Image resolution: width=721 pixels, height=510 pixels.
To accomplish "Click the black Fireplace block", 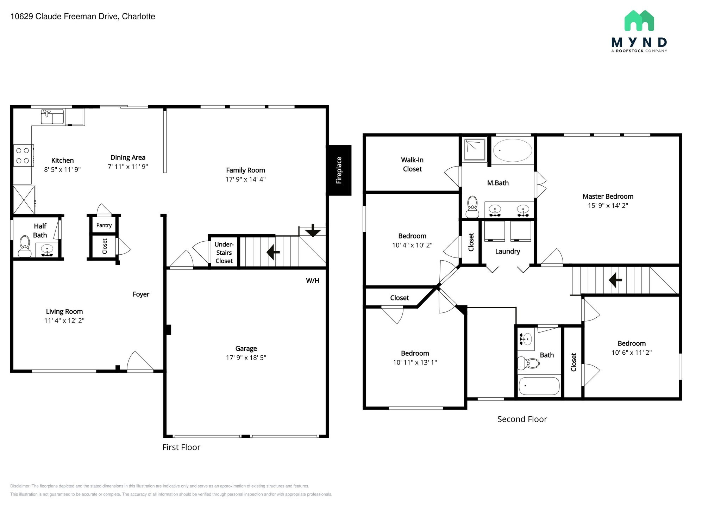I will (339, 170).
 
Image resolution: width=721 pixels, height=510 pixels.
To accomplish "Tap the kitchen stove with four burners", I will (23, 155).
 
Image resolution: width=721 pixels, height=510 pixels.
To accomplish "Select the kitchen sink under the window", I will (52, 117).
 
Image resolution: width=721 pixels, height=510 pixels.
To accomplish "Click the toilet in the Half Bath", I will (25, 245).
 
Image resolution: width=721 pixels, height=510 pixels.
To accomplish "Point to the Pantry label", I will (104, 225).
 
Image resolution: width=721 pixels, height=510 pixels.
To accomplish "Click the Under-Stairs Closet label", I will (224, 253).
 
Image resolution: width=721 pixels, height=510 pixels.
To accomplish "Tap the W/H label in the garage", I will (312, 280).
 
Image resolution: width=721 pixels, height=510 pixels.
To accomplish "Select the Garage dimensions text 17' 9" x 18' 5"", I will (246, 357).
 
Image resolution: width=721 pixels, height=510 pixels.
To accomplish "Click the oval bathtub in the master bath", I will (512, 150).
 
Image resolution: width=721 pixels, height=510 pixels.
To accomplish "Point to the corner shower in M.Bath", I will (475, 150).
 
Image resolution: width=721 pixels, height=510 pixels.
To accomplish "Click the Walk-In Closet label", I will (412, 164).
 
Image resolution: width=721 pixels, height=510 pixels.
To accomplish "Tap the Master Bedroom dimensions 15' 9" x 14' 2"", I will (608, 205).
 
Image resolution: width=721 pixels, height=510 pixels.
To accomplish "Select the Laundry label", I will (507, 251).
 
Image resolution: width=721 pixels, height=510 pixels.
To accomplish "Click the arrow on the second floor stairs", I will (615, 280).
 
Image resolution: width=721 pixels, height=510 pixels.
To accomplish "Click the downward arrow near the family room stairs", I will (313, 231).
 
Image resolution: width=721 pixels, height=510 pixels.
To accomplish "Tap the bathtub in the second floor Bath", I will (539, 386).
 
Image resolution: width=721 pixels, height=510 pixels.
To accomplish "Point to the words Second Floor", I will (522, 419).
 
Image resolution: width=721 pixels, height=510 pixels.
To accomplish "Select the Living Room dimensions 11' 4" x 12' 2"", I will (64, 321).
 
